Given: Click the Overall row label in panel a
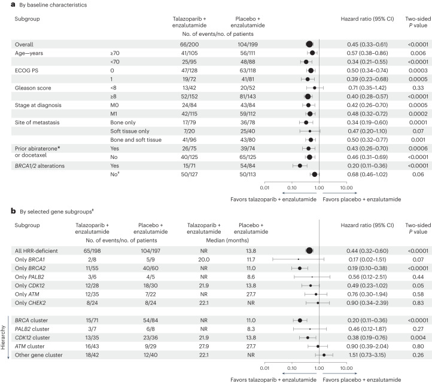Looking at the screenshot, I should point(26,44).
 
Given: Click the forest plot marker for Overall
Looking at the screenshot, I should point(309,44).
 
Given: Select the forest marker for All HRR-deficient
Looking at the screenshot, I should point(309,252).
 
